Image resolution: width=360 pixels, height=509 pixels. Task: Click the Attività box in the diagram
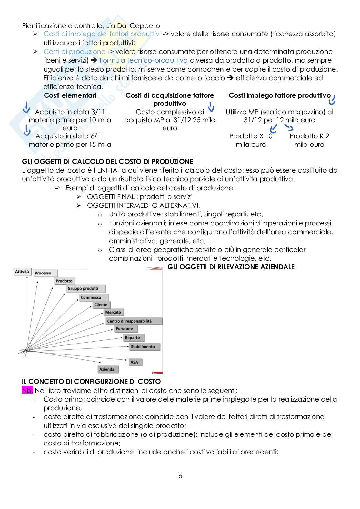coord(22,272)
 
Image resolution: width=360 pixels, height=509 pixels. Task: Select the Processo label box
coord(45,273)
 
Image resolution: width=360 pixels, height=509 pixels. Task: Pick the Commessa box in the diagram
coord(94,297)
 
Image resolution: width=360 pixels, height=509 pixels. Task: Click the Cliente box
coord(101,305)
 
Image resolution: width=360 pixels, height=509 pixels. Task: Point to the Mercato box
coord(114,312)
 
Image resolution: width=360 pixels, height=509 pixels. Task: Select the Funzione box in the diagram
coord(126,329)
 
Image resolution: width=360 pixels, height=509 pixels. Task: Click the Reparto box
coord(134,338)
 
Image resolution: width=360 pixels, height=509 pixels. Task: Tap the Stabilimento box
coord(145,347)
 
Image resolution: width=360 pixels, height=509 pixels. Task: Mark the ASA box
coord(135,362)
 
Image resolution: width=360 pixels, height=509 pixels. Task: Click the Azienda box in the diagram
coord(108,369)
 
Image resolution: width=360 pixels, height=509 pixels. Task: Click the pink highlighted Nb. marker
coord(27,390)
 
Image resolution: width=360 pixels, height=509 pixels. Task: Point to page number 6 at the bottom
coord(180,475)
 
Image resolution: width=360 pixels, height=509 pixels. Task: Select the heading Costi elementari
coord(70,95)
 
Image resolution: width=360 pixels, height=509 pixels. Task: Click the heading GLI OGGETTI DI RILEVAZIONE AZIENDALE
coord(231,267)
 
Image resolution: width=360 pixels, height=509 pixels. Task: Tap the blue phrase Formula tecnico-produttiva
coord(144,60)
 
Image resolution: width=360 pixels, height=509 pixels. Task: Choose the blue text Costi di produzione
coord(75,51)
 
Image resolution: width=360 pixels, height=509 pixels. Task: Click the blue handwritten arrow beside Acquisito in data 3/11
coord(26,107)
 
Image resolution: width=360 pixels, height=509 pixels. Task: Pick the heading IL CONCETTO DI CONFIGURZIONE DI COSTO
coord(91,381)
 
